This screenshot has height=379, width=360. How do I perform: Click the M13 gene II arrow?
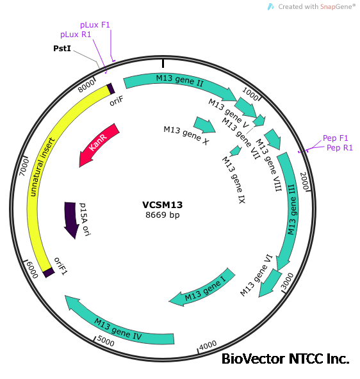point(179,81)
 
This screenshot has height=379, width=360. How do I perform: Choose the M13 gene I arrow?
point(199,293)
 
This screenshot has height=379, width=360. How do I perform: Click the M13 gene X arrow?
point(205,124)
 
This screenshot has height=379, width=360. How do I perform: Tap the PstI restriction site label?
point(62,48)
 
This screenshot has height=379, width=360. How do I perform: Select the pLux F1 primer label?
point(95,24)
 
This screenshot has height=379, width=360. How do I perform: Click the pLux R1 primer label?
point(76,35)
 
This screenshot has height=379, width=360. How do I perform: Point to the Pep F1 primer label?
point(336,138)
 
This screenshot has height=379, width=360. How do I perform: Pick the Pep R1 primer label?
point(340,148)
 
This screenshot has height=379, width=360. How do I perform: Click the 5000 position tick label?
point(105,343)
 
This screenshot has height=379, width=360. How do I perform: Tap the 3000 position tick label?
point(288,278)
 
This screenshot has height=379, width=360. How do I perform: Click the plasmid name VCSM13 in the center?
point(163,205)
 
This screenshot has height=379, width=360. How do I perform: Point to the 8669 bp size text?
point(163,215)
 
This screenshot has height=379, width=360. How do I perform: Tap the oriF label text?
point(116,100)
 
